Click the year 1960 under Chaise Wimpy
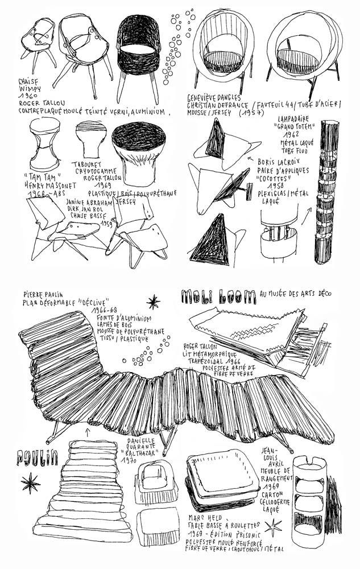27,97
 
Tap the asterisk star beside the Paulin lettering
30,483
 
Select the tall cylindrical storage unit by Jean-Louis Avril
308,495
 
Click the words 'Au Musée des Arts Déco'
295,294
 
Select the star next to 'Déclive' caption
153,302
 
